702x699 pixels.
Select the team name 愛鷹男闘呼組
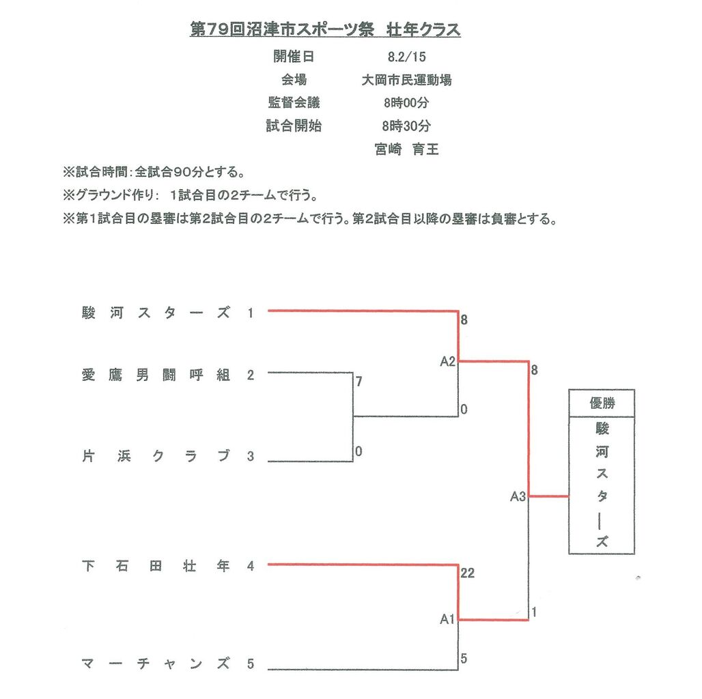156,375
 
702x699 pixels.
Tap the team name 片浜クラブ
156,457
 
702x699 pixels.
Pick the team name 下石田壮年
156,567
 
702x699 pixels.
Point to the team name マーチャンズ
156,664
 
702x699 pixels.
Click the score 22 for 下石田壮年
467,574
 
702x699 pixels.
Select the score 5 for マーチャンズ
464,659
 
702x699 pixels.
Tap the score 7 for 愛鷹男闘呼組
359,382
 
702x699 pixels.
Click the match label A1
447,620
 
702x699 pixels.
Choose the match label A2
447,361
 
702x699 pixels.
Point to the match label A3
518,497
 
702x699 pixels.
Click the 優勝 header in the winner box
602,403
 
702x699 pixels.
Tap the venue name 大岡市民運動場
406,80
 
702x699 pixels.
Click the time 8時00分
406,103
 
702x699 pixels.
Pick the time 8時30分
406,126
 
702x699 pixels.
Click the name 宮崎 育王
406,149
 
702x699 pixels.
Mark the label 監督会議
294,103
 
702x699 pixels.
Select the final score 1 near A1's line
534,612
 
